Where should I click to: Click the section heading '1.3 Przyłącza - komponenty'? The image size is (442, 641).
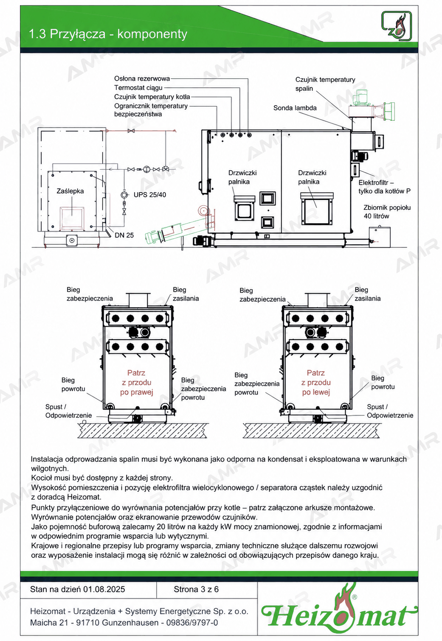(108, 34)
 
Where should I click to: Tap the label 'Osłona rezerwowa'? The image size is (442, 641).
(142, 78)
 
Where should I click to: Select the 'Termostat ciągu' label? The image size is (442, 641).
(138, 87)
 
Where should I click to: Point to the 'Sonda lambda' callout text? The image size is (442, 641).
(295, 108)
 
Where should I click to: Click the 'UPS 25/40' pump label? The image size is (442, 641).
(150, 195)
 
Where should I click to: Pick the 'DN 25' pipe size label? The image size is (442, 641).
(124, 235)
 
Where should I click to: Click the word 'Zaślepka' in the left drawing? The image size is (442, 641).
(70, 191)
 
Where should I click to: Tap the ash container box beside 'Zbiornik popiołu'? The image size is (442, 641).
(380, 237)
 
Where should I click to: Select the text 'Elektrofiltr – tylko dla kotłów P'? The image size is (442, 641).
(384, 187)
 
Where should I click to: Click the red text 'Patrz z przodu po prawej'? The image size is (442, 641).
(136, 382)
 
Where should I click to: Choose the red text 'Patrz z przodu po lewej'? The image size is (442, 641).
(316, 382)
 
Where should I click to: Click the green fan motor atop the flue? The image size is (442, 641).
(360, 97)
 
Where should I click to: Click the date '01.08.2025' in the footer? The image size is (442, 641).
(104, 589)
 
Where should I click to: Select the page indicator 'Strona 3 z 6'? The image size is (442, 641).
(196, 589)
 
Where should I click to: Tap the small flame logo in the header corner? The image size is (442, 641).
(397, 26)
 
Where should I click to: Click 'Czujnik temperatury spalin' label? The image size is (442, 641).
(325, 84)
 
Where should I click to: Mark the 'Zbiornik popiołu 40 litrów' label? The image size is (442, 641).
(387, 212)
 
